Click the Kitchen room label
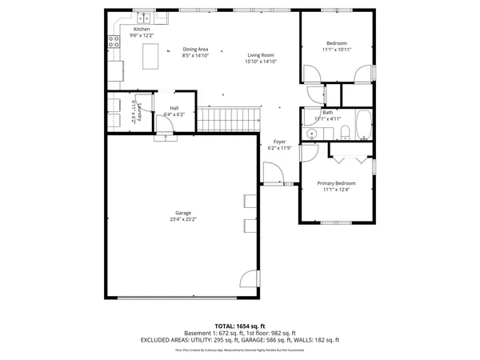[142, 30]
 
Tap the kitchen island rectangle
[149, 56]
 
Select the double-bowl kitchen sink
[145, 18]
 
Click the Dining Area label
[195, 50]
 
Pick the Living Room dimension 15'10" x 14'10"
[261, 62]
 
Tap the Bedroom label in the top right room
[337, 42]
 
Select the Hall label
[174, 109]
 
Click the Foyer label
[279, 142]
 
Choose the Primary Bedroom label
[336, 183]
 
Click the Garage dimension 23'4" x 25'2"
[182, 219]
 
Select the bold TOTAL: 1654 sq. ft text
[239, 326]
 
